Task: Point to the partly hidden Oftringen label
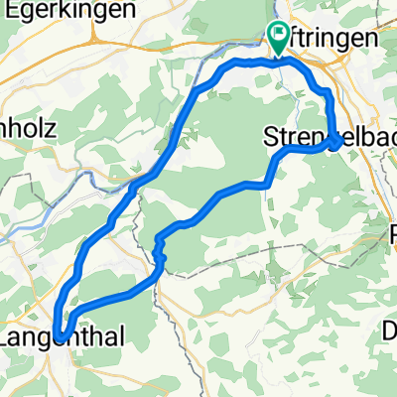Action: click(x=332, y=38)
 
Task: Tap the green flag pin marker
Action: click(x=278, y=38)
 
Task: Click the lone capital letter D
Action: click(x=390, y=330)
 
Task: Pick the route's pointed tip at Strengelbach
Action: click(x=341, y=142)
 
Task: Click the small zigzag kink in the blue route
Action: click(x=159, y=255)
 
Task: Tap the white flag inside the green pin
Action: click(x=278, y=35)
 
